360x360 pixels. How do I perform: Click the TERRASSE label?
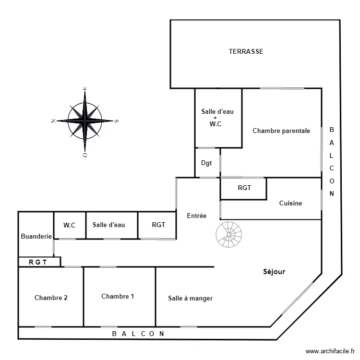(x=246, y=51)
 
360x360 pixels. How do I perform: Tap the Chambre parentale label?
(x=281, y=131)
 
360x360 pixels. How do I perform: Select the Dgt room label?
(x=206, y=163)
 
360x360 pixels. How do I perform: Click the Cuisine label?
(x=290, y=203)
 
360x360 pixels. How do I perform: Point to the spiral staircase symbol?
(x=229, y=234)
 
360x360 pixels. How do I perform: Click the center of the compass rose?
(x=84, y=120)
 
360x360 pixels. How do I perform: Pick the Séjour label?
(x=274, y=272)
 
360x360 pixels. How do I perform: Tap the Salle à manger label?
(x=190, y=298)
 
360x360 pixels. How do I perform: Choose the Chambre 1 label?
(x=118, y=296)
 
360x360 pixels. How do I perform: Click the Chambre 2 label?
(x=51, y=298)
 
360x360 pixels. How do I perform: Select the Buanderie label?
(x=36, y=236)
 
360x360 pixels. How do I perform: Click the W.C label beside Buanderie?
(x=70, y=225)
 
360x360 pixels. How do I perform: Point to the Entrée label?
(x=196, y=216)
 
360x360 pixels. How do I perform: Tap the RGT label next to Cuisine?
(x=244, y=188)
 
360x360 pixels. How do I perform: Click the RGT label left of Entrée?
(x=158, y=225)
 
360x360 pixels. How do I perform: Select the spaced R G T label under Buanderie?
(x=39, y=262)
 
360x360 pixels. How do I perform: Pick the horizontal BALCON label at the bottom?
(x=138, y=333)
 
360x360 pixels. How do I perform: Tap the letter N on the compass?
(x=52, y=121)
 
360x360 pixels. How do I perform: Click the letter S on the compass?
(x=116, y=121)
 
